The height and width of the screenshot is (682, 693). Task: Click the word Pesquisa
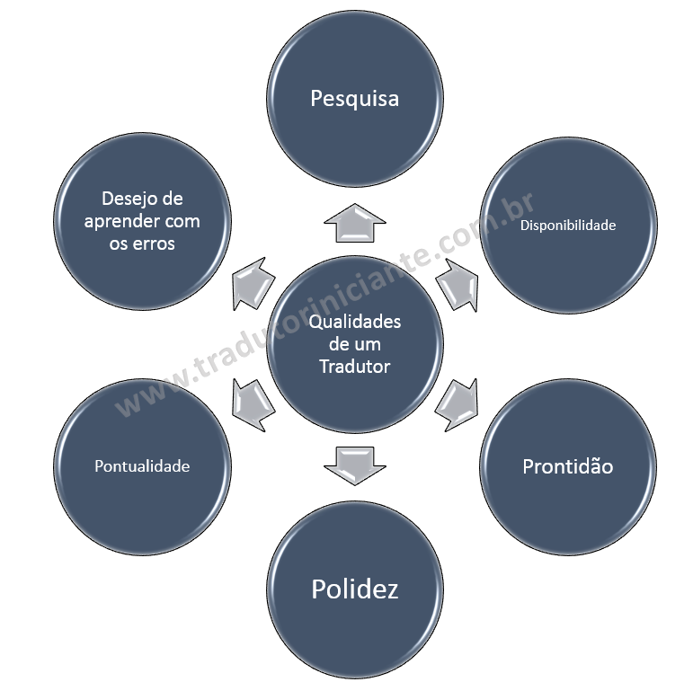click(x=354, y=98)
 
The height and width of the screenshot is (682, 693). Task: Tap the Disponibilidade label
click(x=568, y=226)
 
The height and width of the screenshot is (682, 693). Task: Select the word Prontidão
click(x=567, y=466)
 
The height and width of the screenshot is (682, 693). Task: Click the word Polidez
click(x=354, y=589)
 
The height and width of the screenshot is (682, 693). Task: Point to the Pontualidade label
click(x=142, y=466)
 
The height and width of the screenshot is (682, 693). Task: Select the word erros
click(x=154, y=244)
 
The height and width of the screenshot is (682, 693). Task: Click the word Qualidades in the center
click(x=354, y=322)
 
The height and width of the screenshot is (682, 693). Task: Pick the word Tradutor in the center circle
click(x=354, y=366)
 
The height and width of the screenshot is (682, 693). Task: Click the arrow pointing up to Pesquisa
click(x=354, y=221)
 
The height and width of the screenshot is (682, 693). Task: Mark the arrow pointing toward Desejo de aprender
click(x=253, y=282)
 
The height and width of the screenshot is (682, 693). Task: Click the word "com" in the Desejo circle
click(x=183, y=221)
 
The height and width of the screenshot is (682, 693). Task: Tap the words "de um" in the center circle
click(x=354, y=344)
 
